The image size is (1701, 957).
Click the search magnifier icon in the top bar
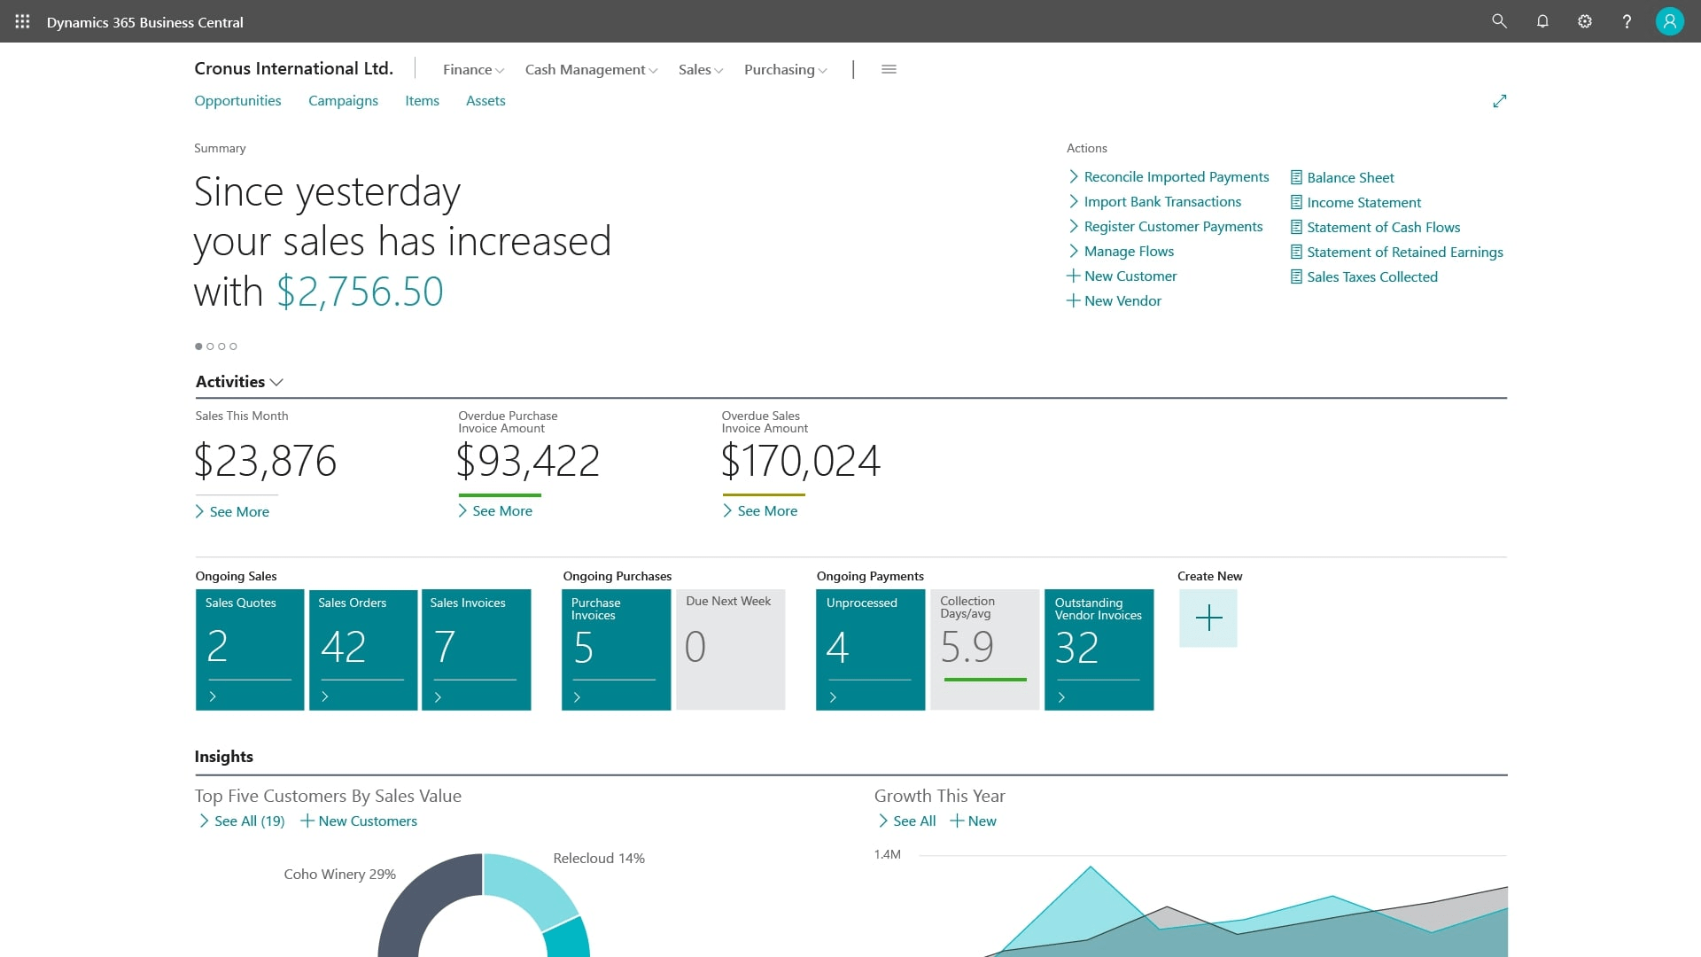coord(1499,21)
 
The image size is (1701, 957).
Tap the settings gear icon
coord(1585,21)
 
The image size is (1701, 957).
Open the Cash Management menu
coord(591,69)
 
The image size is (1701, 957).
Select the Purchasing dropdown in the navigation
coord(785,69)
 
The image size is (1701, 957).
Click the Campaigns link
coord(343,101)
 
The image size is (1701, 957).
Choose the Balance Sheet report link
coord(1349,177)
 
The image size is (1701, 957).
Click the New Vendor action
coord(1122,301)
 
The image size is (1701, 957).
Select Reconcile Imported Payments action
coord(1176,177)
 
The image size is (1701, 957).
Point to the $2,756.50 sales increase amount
coord(360,292)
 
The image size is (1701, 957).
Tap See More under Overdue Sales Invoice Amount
coord(766,511)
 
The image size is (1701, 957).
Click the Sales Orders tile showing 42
coord(363,649)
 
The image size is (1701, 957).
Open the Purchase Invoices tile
coord(616,649)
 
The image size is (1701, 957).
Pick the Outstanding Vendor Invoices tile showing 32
coord(1099,649)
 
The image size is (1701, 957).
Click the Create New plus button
coord(1208,619)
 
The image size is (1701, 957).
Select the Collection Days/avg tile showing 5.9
coord(984,649)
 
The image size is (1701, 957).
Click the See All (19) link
coord(248,821)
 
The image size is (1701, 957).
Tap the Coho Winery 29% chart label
coord(339,875)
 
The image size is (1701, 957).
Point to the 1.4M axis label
coord(887,855)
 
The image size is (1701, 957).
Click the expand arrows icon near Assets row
coord(1499,101)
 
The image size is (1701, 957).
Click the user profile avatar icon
coord(1669,21)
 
